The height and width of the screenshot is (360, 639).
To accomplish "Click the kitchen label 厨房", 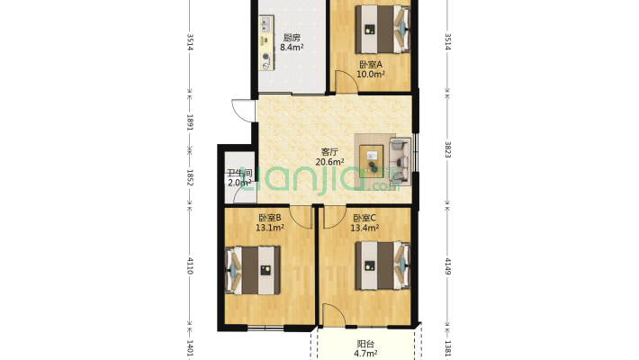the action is (x=292, y=38).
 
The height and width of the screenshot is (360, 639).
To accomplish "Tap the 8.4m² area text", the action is (x=292, y=48).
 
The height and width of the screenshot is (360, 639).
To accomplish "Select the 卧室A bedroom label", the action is (x=371, y=65).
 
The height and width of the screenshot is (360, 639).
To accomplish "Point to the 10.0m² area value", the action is (x=371, y=74).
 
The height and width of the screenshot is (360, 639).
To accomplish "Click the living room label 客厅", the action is (x=329, y=152).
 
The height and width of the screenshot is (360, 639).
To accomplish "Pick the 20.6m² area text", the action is (x=329, y=162).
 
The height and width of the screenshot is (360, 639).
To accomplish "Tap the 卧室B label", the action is (x=270, y=218).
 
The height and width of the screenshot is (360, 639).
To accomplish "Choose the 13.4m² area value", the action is (x=364, y=228).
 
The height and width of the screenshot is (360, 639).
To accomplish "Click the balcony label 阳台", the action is (x=365, y=344).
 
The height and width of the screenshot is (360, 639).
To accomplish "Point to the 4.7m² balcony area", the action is (x=365, y=354).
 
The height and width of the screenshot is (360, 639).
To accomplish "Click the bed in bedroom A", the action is (x=382, y=29).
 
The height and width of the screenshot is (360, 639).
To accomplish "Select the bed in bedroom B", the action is (x=253, y=270).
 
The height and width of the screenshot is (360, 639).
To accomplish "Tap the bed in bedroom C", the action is (x=382, y=265).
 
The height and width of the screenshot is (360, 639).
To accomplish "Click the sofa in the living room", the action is (x=400, y=160).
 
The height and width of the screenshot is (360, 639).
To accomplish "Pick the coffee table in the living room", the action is (x=372, y=160).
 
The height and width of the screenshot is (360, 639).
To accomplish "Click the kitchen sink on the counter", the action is (x=265, y=23).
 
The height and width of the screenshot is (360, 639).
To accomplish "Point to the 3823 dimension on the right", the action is (x=447, y=149).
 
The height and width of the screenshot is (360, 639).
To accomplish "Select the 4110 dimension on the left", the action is (x=190, y=265).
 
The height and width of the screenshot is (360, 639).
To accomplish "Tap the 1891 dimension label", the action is (x=190, y=122).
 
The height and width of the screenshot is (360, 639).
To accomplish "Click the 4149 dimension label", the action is (x=447, y=265).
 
